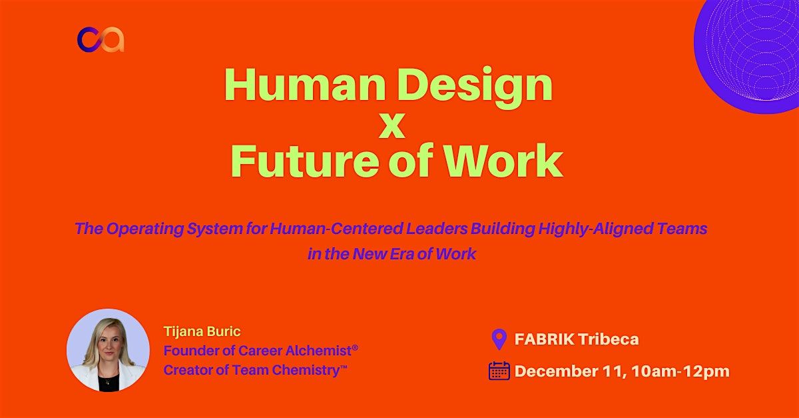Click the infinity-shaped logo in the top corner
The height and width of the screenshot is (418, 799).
[101, 39]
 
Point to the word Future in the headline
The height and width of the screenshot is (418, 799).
[307, 161]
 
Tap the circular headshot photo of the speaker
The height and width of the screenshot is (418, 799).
[108, 350]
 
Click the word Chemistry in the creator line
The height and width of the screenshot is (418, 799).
[302, 371]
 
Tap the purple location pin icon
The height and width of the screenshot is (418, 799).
[499, 339]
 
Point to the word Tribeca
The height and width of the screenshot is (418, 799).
[609, 339]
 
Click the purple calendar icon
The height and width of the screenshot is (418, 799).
[499, 371]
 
